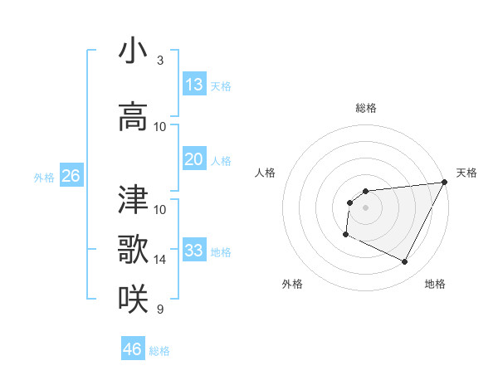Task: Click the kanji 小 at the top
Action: [133, 51]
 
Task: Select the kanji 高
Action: [133, 116]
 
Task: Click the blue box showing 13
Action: [194, 85]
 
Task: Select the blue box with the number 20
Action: [194, 159]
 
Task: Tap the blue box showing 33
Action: [194, 251]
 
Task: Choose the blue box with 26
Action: [71, 176]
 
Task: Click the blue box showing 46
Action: [133, 349]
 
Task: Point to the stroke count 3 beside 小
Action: [159, 61]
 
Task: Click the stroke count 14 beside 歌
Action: [160, 260]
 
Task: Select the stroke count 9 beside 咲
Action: [159, 310]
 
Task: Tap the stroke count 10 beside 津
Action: [160, 209]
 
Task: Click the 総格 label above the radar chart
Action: [365, 108]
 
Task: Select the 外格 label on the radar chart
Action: [292, 284]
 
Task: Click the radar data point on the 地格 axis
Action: [405, 262]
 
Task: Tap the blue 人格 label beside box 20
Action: [221, 160]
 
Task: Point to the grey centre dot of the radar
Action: [365, 207]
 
